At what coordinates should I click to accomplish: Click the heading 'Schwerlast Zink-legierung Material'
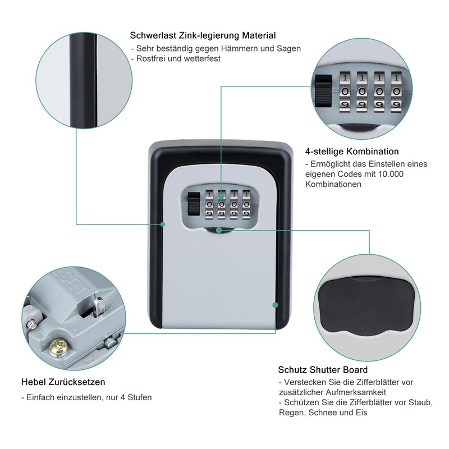[203, 35]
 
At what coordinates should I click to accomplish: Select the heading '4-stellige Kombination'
[352, 152]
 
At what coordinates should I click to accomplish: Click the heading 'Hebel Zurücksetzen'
[62, 382]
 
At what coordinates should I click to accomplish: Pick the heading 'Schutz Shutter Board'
[323, 370]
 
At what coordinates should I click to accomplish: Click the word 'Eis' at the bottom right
[360, 413]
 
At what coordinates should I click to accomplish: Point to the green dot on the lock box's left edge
[163, 224]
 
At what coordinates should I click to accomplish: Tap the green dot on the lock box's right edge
[274, 305]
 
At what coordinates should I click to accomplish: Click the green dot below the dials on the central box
[218, 229]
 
